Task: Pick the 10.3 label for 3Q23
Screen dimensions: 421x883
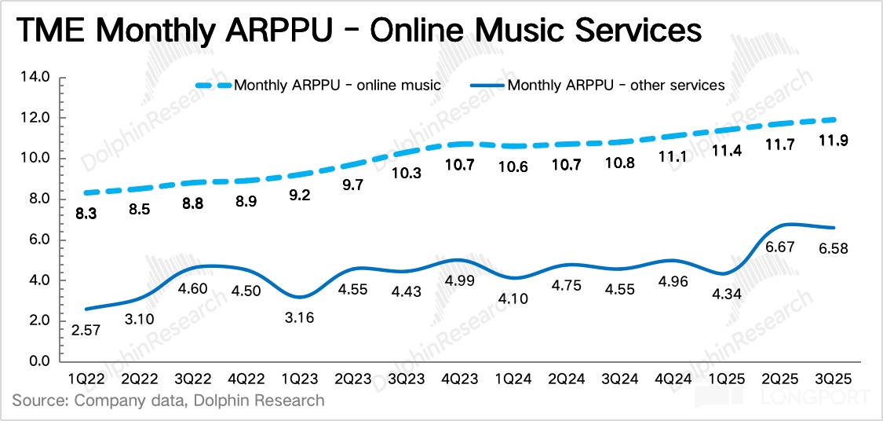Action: pos(407,174)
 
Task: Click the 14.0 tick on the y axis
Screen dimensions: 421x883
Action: pos(37,77)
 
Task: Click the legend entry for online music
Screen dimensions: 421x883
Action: pos(338,84)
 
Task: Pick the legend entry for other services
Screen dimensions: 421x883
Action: pos(616,84)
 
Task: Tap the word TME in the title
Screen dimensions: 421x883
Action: pos(48,31)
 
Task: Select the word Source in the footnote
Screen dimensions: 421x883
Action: pos(38,400)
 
